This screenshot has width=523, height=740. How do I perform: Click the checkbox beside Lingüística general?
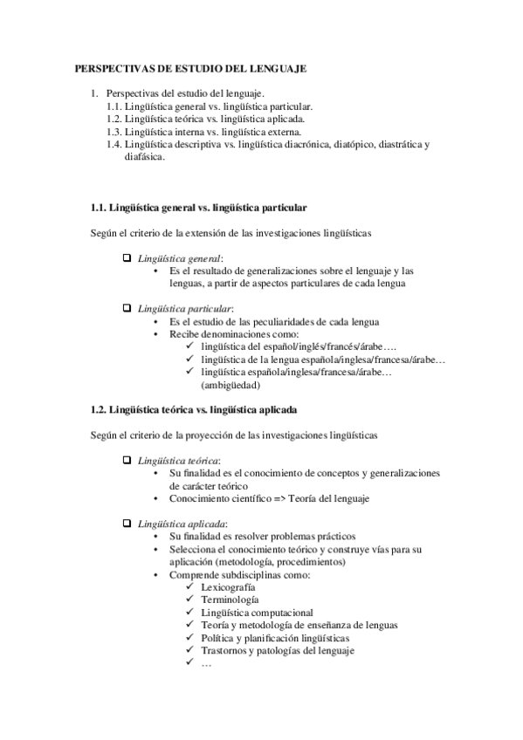pyautogui.click(x=127, y=257)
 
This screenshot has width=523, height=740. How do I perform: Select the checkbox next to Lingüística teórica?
pyautogui.click(x=127, y=459)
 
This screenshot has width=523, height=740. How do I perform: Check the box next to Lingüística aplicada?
pyautogui.click(x=127, y=522)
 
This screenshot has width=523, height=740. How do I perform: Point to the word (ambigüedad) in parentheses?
pyautogui.click(x=230, y=384)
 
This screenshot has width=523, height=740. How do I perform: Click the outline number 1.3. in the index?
pyautogui.click(x=114, y=131)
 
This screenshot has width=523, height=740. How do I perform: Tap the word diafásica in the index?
pyautogui.click(x=144, y=157)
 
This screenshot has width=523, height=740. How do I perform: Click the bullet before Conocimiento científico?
pyautogui.click(x=155, y=498)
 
